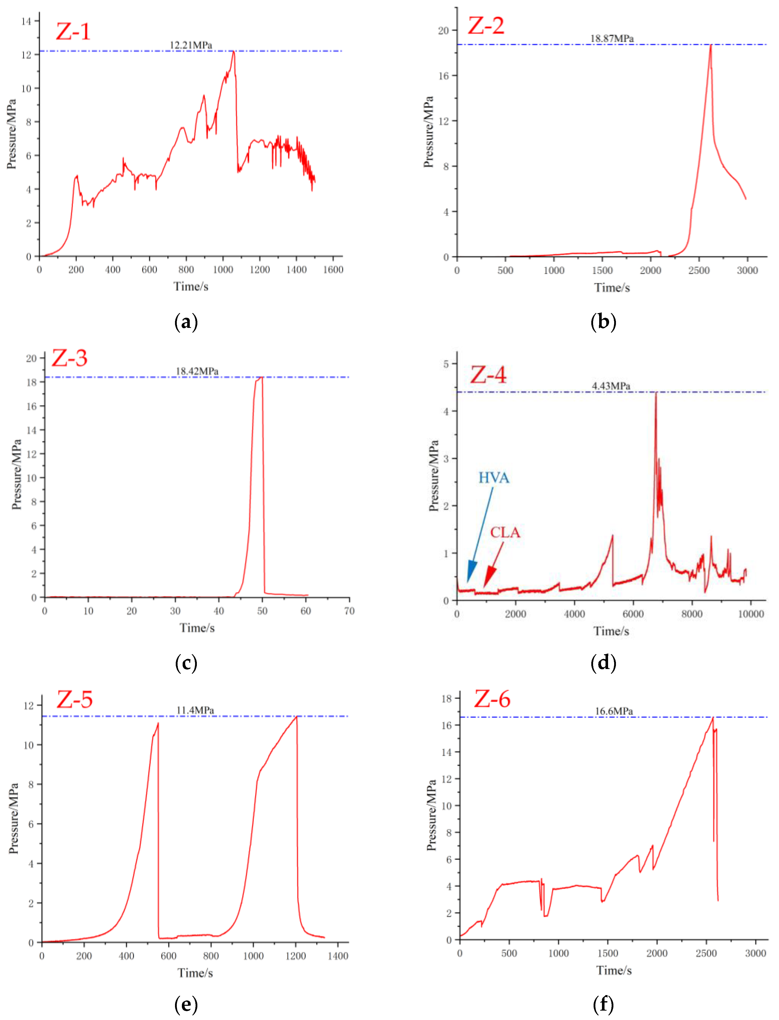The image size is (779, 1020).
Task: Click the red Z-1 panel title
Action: (x=73, y=31)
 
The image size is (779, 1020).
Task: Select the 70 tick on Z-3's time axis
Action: (x=349, y=611)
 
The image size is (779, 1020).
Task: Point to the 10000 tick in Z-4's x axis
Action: (x=751, y=614)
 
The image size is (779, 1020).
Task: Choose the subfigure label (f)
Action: (x=603, y=1004)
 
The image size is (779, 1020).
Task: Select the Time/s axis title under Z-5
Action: (x=195, y=973)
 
